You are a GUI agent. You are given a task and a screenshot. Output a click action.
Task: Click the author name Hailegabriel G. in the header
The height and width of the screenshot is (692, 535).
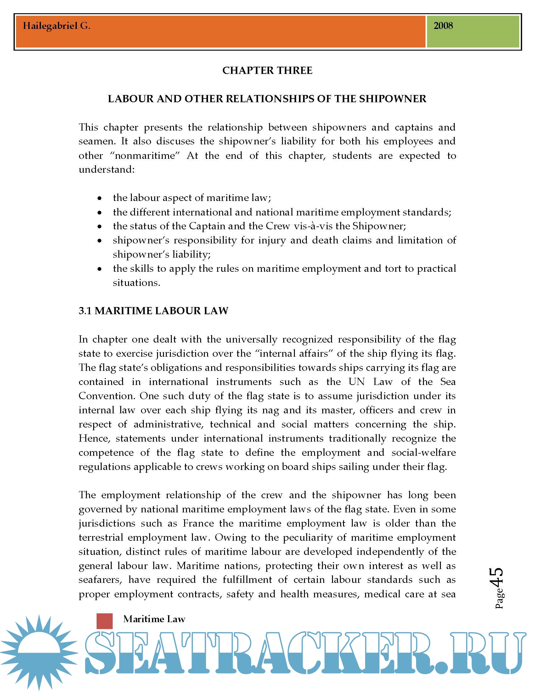pos(56,26)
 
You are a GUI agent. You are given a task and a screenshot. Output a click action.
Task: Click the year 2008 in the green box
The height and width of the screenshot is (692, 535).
pos(443,26)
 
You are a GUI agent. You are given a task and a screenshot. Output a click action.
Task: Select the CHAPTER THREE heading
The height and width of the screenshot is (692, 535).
pos(267,70)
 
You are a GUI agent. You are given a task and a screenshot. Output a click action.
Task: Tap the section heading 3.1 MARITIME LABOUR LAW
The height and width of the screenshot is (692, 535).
pos(153,310)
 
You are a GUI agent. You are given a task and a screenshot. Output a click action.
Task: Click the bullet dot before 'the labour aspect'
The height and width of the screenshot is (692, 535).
pos(100,198)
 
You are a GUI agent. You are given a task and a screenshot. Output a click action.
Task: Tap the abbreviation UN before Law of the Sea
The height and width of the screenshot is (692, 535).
pos(357,382)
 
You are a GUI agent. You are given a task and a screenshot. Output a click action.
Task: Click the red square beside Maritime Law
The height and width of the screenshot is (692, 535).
pos(104,621)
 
